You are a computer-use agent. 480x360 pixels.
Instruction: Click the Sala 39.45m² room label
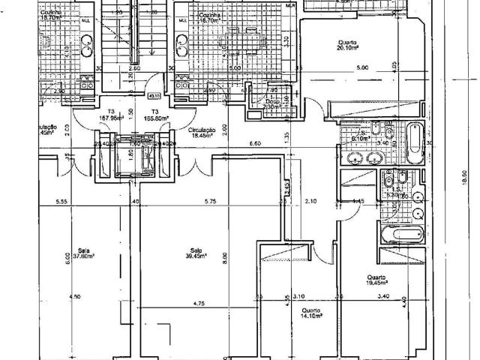(196, 254)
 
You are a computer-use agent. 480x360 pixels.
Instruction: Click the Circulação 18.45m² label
(201, 133)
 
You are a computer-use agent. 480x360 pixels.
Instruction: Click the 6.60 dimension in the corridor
(254, 142)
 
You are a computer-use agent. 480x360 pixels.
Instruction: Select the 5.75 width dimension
(209, 201)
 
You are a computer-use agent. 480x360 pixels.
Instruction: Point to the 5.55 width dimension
(63, 201)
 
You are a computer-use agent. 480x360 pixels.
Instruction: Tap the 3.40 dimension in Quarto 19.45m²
(384, 296)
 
